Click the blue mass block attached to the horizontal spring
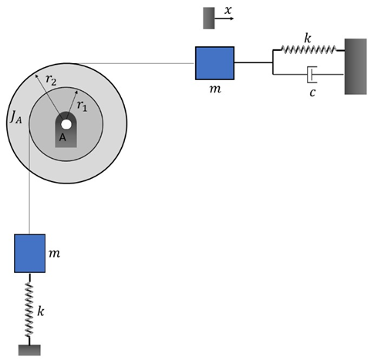[x=214, y=62]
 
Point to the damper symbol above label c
[x=311, y=75]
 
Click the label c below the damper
[x=313, y=93]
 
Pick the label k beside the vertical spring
[x=43, y=311]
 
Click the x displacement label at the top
[x=228, y=10]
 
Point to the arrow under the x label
[x=224, y=18]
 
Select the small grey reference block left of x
[x=208, y=18]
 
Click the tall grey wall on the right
[x=355, y=66]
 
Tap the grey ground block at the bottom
[x=29, y=350]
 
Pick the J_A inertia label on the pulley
[x=15, y=117]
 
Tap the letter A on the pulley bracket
[x=63, y=137]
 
